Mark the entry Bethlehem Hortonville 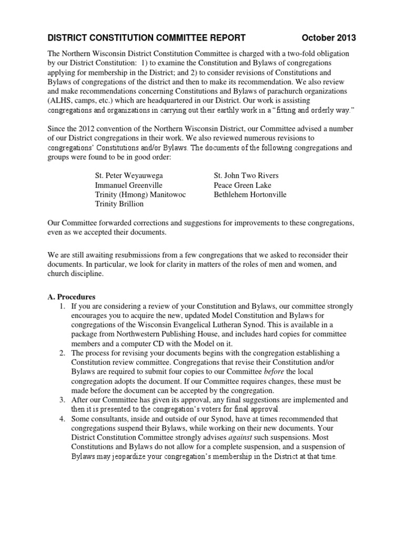pyautogui.click(x=250, y=195)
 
